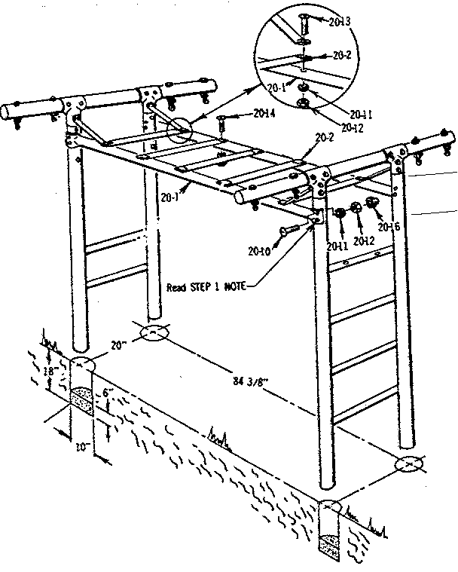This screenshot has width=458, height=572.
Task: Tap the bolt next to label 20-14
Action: click(224, 118)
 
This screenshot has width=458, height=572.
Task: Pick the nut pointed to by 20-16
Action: click(371, 202)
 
